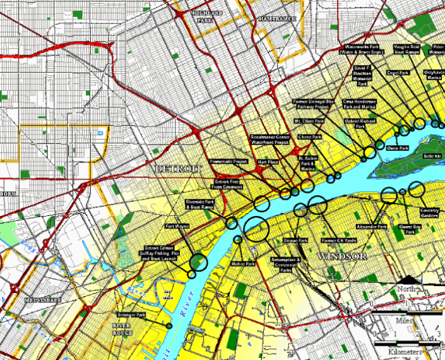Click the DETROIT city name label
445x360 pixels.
tap(177, 169)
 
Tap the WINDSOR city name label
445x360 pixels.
tap(343, 256)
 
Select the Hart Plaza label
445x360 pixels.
tap(268, 162)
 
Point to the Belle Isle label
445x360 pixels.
tap(432, 155)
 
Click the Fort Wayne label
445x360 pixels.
tap(177, 226)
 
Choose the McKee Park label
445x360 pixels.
tap(242, 263)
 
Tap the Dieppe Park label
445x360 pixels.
tap(295, 241)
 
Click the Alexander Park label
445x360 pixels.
tap(371, 226)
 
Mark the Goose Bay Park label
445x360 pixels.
tap(410, 229)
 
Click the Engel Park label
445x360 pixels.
tap(398, 73)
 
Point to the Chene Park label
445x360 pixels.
tap(309, 136)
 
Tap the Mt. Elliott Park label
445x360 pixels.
tap(309, 121)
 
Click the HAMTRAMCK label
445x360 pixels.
tap(276, 19)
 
